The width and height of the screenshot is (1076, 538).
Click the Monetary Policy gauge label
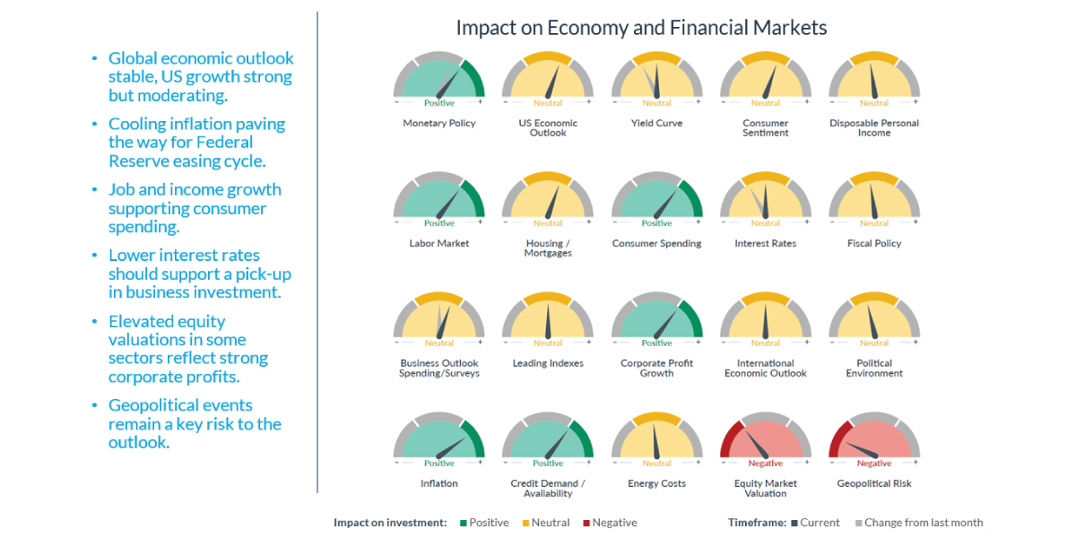439,124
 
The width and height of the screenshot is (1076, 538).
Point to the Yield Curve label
656,124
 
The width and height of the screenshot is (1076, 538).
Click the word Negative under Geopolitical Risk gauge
874,464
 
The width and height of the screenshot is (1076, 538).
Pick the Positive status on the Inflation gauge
439,464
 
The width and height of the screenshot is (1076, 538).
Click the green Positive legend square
464,523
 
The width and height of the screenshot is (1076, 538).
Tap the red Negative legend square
586,523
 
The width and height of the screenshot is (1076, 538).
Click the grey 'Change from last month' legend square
858,523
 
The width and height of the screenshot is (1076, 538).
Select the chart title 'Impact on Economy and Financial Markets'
641,28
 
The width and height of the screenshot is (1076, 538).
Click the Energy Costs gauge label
656,484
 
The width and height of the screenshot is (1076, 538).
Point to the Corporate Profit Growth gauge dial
656,319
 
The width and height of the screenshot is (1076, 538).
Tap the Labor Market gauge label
439,244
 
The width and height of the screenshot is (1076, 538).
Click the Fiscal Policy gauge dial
874,199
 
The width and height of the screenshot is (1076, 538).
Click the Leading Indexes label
548,364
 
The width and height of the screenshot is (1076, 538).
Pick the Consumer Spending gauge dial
656,199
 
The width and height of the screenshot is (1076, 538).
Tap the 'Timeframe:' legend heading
757,523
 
